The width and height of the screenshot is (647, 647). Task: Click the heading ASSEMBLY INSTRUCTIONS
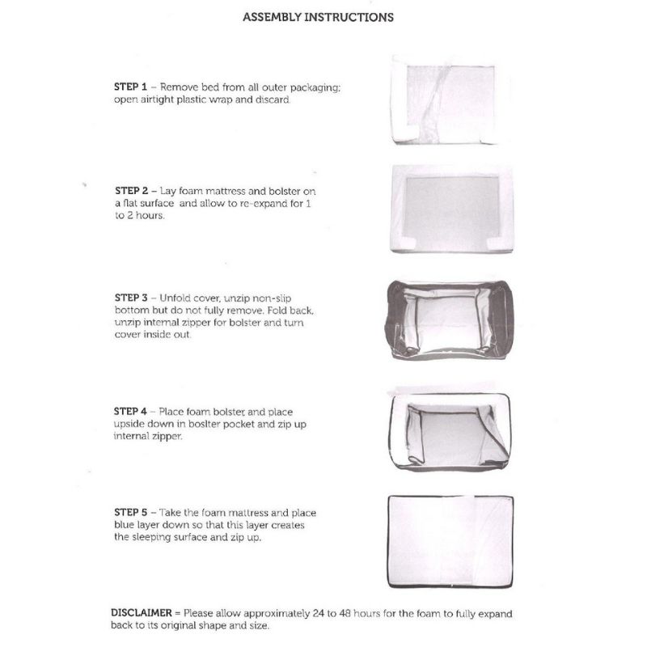pos(318,16)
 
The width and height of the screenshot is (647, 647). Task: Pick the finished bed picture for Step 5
pos(451,540)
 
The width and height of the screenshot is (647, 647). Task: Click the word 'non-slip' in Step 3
pos(287,297)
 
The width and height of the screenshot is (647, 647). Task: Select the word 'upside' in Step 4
pos(131,424)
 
